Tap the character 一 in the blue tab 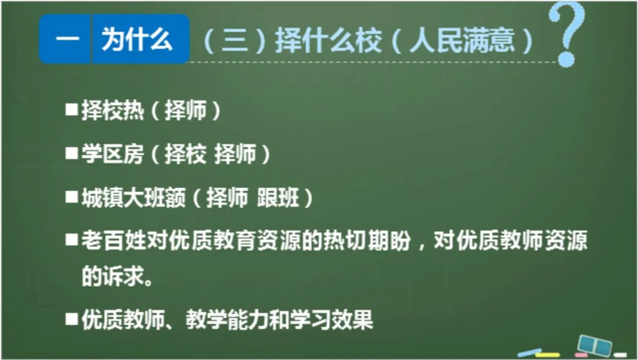(x=66, y=40)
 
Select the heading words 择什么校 (x=328, y=41)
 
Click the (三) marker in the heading (x=233, y=41)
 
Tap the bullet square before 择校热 (x=72, y=110)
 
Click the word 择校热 (x=112, y=111)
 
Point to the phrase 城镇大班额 (x=133, y=197)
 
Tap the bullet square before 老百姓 (x=72, y=240)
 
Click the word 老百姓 (x=112, y=241)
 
